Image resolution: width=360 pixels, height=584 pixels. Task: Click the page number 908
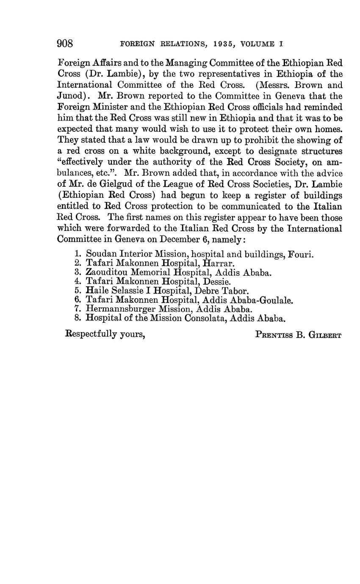coord(65,44)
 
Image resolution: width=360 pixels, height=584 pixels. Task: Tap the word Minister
coord(113,108)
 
